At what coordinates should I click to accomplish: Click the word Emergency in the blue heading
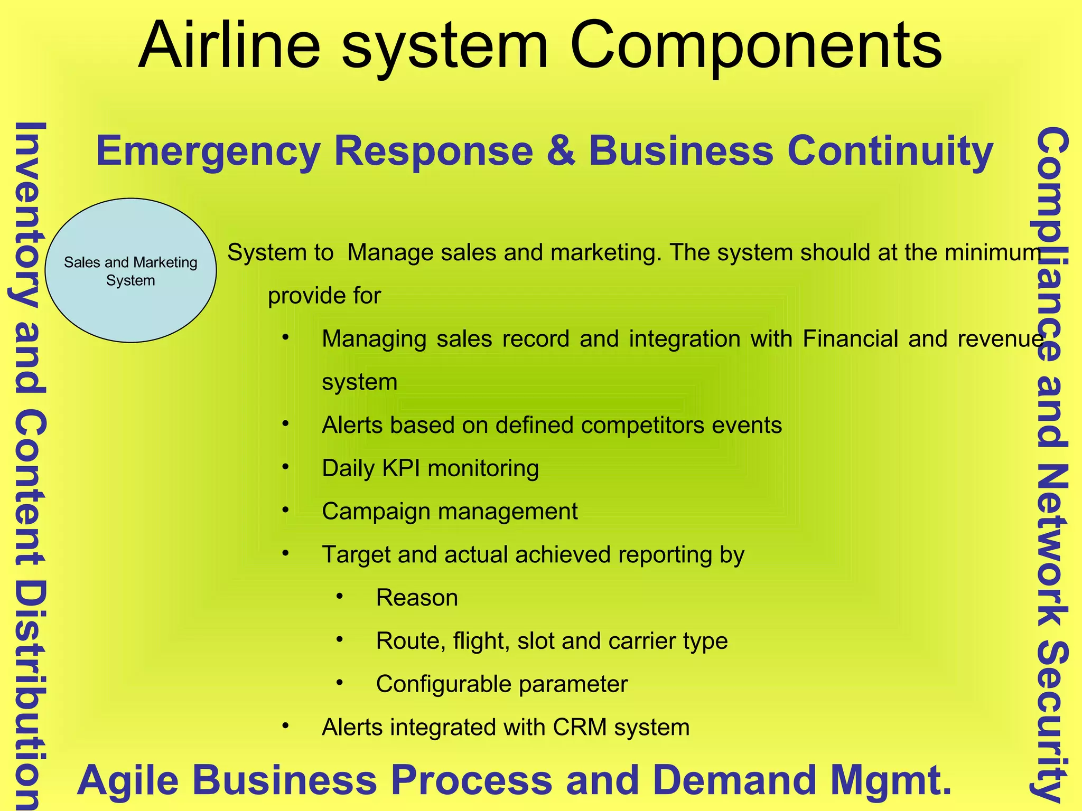(x=208, y=152)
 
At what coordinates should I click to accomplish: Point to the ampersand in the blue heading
(x=561, y=152)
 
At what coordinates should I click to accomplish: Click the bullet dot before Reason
(x=340, y=597)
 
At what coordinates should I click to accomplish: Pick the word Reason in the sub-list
(x=417, y=598)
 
